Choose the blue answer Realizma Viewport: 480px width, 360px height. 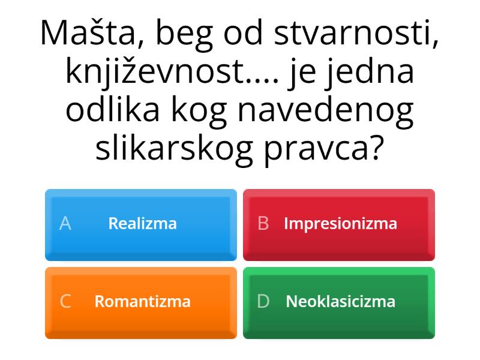[142, 224]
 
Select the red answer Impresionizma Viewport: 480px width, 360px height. [340, 224]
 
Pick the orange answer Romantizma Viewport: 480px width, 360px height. [142, 301]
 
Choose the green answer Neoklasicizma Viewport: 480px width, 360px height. [340, 301]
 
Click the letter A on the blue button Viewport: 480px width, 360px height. [65, 224]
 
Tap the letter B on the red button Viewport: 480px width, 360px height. [263, 224]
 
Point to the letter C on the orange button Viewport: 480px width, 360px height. [65, 301]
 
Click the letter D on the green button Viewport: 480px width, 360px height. [263, 301]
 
